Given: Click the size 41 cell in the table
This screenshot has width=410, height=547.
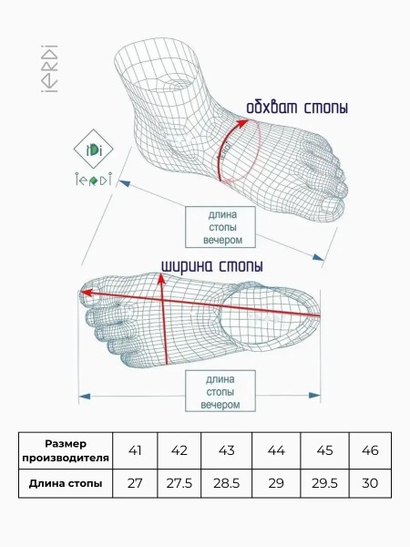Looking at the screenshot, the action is (135, 450).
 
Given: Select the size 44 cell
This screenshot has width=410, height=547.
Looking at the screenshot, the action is (276, 450).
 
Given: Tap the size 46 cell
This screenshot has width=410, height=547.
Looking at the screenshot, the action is (370, 450).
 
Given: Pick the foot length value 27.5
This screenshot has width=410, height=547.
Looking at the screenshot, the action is (179, 483).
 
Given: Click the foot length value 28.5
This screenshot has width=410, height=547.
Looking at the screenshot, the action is (226, 483).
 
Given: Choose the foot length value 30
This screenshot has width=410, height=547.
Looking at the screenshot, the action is (370, 483).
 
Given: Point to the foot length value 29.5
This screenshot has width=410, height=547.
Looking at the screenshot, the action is (324, 483).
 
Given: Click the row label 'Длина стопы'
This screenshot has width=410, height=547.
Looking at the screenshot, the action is (66, 483).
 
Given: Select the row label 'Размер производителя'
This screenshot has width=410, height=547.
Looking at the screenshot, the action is (66, 450).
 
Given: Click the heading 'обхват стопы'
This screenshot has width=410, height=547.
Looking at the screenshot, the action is (297, 107).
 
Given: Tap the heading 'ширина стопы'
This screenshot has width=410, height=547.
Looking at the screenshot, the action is (212, 266).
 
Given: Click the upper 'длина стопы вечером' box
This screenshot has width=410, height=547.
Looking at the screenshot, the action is (220, 227).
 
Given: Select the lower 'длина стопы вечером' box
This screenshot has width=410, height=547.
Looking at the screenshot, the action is (220, 391).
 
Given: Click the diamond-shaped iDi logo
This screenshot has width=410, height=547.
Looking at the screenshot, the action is (93, 150).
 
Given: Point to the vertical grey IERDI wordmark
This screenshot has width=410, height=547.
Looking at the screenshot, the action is (49, 68).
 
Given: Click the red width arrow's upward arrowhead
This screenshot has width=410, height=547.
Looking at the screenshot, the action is (161, 278).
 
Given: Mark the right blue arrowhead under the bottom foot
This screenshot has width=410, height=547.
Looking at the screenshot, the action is (314, 396).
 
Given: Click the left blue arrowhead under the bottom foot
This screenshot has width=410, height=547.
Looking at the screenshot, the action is (85, 397).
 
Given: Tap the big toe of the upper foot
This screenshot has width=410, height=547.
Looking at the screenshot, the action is (332, 208).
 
